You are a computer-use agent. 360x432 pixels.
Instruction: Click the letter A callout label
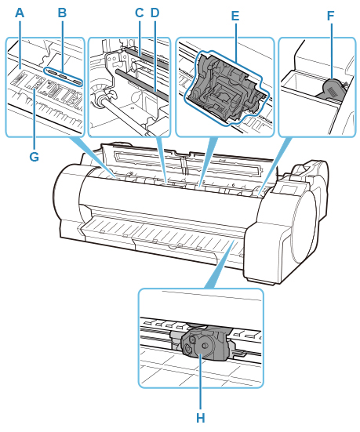pyautogui.click(x=20, y=13)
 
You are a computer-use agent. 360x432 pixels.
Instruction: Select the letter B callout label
pyautogui.click(x=62, y=13)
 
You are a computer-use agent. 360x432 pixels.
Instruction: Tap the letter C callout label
pyautogui.click(x=139, y=13)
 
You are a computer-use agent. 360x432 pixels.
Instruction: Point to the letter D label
pyautogui.click(x=155, y=13)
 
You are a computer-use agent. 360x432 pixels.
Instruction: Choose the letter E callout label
pyautogui.click(x=235, y=16)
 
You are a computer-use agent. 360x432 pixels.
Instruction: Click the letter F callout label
pyautogui.click(x=330, y=16)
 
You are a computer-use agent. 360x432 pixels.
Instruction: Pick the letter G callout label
pyautogui.click(x=35, y=157)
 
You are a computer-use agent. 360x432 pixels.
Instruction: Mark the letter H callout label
pyautogui.click(x=201, y=418)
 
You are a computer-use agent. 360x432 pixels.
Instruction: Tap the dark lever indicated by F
pyautogui.click(x=332, y=89)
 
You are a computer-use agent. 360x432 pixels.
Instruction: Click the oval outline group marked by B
pyautogui.click(x=64, y=76)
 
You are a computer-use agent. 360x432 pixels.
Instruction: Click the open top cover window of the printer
pyautogui.click(x=187, y=162)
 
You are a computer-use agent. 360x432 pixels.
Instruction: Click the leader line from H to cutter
pyautogui.click(x=201, y=382)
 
